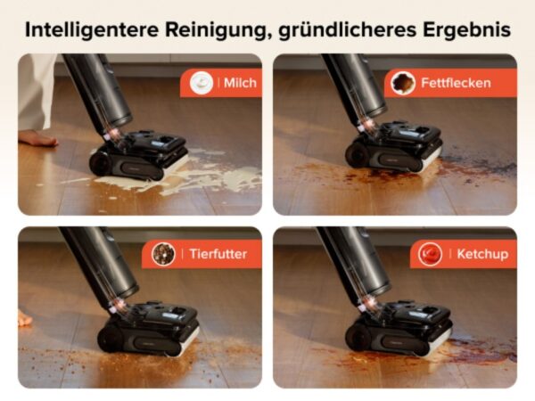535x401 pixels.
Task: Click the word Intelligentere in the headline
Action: point(92,29)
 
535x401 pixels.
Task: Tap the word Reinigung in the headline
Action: point(216,30)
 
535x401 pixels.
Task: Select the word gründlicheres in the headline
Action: point(348,30)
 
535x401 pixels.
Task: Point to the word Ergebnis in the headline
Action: point(466,30)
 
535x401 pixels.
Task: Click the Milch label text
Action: point(240,83)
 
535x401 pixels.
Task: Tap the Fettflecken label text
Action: point(456,83)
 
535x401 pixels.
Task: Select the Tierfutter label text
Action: point(218,254)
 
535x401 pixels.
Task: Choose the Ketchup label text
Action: point(482,254)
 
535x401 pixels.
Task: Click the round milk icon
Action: point(202,83)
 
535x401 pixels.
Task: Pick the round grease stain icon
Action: point(403,83)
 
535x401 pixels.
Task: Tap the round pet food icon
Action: point(163,254)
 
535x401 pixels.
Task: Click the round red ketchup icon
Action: point(431,254)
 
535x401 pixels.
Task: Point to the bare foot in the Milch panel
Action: point(37,138)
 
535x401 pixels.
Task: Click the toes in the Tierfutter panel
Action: point(24,319)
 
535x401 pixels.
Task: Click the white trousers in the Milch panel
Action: point(35,92)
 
